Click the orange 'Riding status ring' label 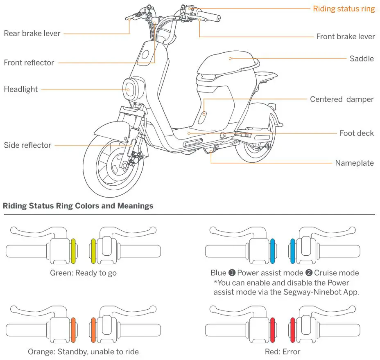coord(344,9)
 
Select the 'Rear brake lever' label coord(32,34)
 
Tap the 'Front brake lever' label coord(345,37)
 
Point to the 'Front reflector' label coord(29,63)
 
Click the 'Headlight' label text coord(20,89)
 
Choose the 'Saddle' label coord(362,59)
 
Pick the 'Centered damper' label coord(342,99)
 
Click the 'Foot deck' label coord(357,133)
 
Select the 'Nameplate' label coord(354,163)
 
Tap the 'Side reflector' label coord(27,145)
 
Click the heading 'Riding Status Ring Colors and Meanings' coord(78,206)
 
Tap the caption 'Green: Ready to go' coord(83,273)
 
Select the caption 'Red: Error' coord(283,351)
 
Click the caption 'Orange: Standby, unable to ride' coord(83,351)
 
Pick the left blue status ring coord(273,251)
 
